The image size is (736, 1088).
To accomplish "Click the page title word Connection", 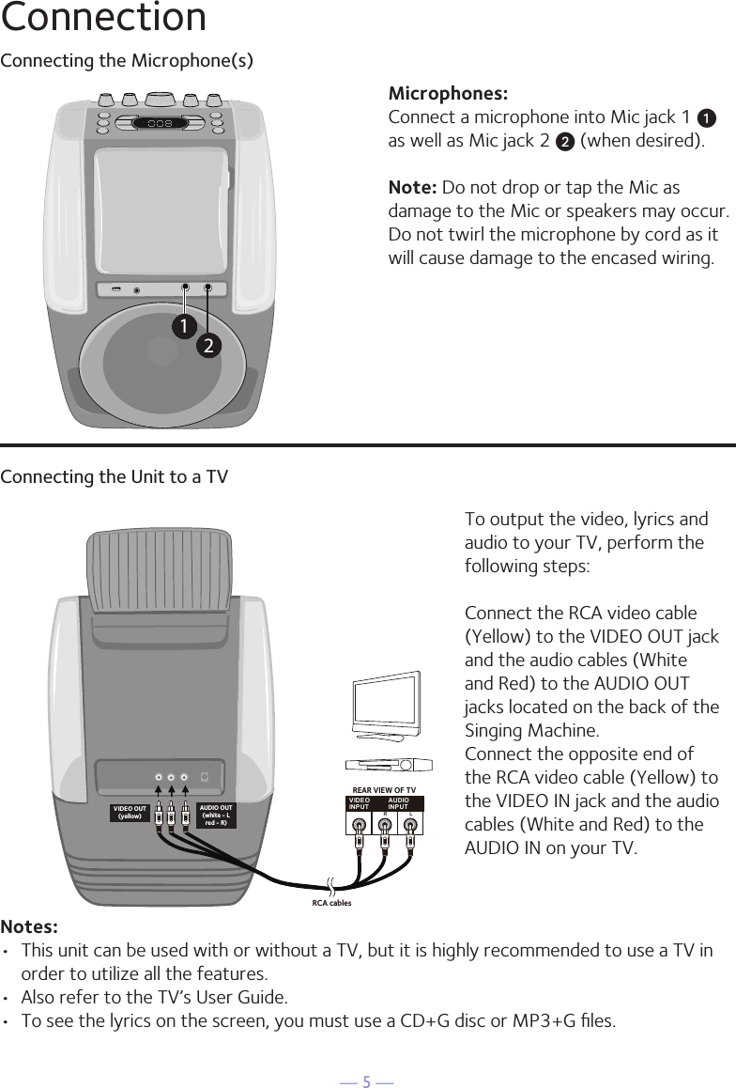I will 103,18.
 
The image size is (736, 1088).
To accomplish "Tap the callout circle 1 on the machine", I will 185,326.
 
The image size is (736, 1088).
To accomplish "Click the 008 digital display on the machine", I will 159,123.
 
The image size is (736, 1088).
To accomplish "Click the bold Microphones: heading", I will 448,94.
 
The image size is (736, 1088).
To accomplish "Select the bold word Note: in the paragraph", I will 412,188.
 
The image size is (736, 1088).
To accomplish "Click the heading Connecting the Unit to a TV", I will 114,477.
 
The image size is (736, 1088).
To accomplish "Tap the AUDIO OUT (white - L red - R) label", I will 217,813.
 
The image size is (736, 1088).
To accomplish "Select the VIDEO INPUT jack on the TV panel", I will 359,826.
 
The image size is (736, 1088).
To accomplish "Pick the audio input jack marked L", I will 410,826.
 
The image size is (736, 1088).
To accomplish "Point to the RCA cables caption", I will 331,903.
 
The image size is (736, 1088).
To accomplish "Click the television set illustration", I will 385,706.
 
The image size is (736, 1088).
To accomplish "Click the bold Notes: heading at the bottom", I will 29,927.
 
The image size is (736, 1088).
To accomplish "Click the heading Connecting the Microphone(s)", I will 127,61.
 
